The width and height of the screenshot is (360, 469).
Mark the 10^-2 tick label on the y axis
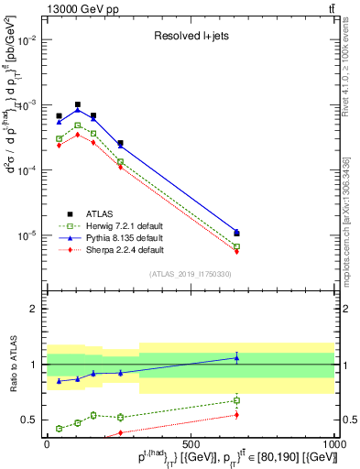(x=25, y=40)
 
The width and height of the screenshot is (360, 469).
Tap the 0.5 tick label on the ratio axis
(x=27, y=420)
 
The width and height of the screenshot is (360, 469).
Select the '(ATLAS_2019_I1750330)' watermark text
(x=191, y=273)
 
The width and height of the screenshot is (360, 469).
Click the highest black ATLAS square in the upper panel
(x=78, y=104)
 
